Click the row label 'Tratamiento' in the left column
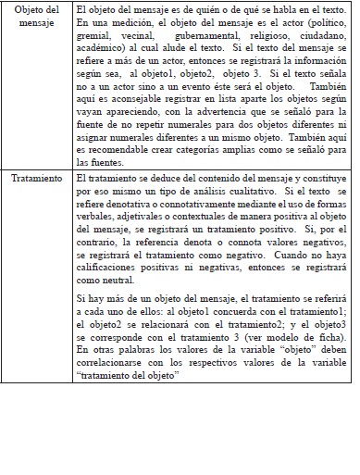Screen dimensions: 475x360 click(38, 176)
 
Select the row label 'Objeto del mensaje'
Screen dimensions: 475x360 click(38, 15)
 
